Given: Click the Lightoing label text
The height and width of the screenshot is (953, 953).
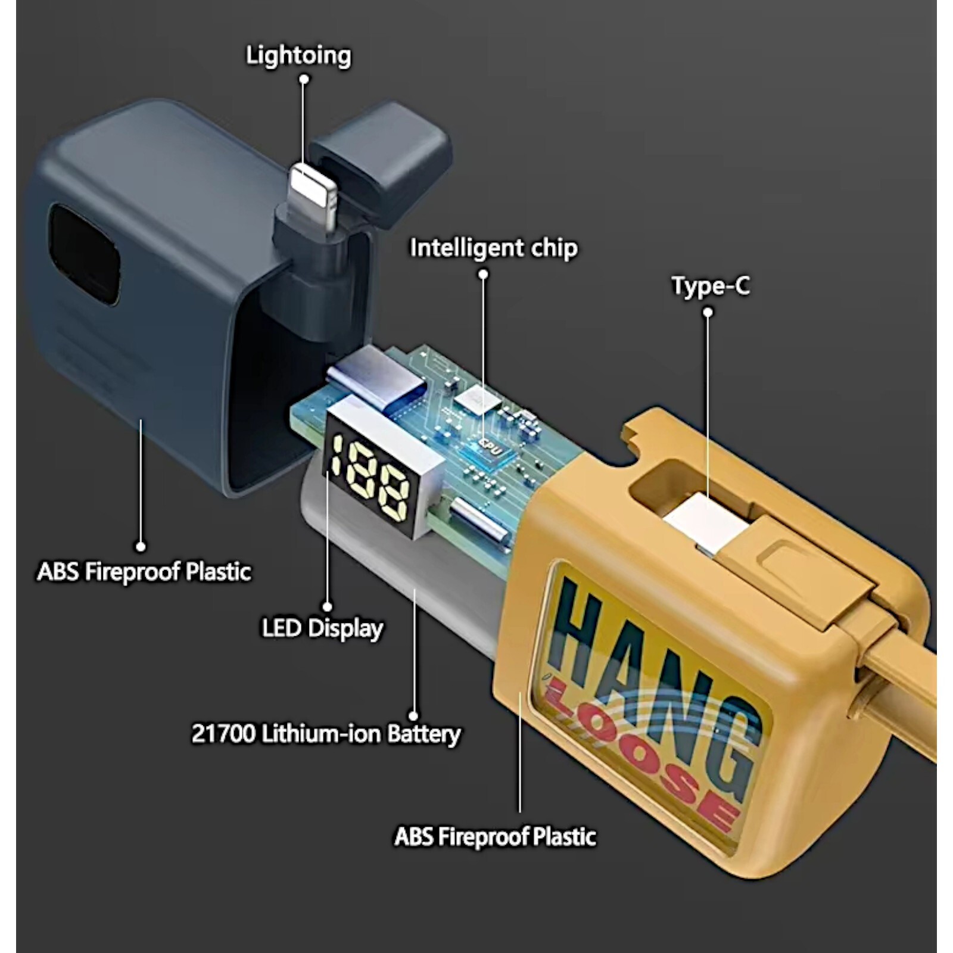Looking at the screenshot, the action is point(298,55).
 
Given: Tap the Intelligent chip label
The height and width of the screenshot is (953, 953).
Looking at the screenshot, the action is point(494,248).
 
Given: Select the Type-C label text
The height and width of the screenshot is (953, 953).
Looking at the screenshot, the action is point(711,285).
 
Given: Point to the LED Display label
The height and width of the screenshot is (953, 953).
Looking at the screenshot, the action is point(323,628).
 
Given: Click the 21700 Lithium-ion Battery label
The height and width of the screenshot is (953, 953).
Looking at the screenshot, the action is point(326,734).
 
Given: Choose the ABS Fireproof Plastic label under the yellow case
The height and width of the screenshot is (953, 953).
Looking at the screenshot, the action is point(495,837).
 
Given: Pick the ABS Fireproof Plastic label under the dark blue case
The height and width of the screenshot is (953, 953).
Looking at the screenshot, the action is point(144,572).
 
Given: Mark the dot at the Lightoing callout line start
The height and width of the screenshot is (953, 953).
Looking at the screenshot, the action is point(304,79).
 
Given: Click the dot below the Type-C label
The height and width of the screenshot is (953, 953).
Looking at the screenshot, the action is point(708,312).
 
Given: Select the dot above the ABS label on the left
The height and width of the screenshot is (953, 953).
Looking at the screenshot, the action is point(141,546).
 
